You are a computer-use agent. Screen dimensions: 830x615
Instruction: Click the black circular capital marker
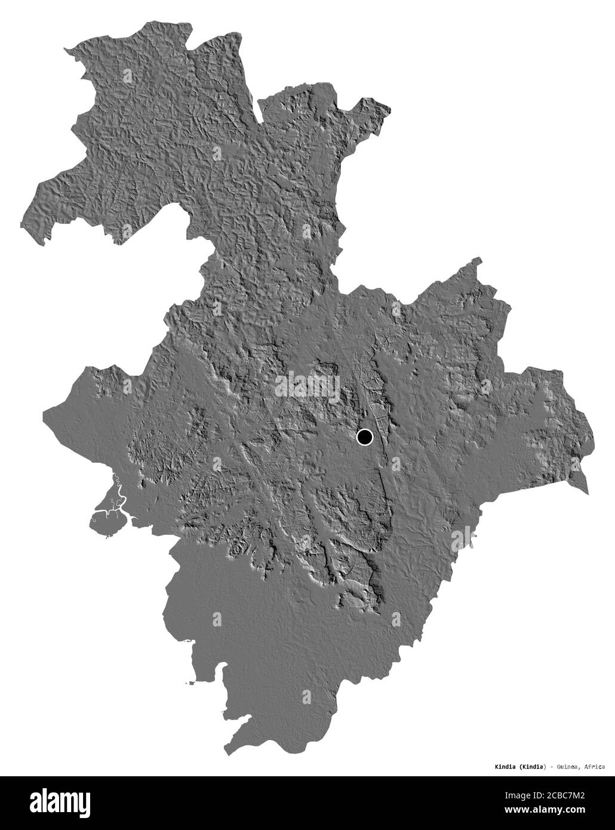point(364,437)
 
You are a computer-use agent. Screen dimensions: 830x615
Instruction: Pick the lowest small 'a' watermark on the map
point(307,696)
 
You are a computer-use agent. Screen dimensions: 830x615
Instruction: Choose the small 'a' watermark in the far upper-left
point(127,75)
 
